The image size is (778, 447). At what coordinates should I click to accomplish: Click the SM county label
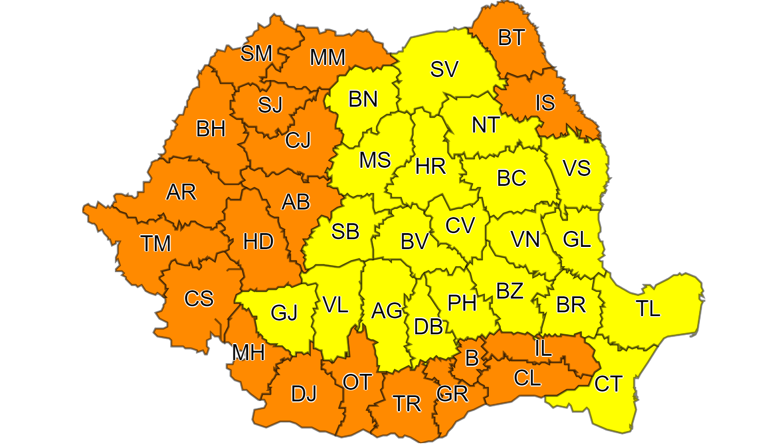point(257,54)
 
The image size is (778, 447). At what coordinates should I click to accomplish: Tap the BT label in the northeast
point(512,38)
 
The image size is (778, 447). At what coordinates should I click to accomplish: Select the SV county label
point(444,69)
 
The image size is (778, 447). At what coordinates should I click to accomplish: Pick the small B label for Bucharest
point(471,358)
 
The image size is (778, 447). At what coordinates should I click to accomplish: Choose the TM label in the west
point(156,243)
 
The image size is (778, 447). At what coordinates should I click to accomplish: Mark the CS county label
point(198,299)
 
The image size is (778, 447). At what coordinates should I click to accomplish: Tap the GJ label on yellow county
point(284,313)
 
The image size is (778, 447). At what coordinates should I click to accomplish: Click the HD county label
point(258,241)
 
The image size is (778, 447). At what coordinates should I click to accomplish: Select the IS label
point(545,102)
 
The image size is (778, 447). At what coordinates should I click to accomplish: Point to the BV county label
point(415,241)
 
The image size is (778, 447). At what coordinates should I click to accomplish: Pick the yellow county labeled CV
point(460,225)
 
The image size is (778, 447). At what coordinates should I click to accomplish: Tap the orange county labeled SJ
point(270,104)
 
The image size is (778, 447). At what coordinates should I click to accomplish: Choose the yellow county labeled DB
point(428,327)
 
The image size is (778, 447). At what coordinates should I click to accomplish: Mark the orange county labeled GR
point(452,394)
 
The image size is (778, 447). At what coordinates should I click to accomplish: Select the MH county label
point(248,352)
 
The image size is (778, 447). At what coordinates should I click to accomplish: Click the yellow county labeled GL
point(577,239)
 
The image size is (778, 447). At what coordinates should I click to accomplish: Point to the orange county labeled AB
point(295,202)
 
